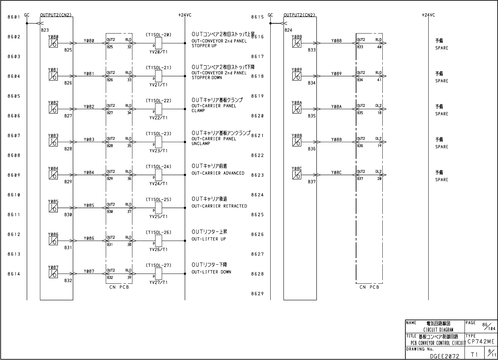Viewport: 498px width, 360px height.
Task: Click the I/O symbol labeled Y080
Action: coord(53,43)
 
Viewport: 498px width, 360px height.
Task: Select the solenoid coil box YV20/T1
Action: coord(158,43)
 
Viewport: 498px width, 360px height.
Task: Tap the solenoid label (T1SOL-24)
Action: coord(158,166)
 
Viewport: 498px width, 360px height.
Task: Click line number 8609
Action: coord(14,175)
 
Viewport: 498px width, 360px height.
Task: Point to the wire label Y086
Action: coord(89,238)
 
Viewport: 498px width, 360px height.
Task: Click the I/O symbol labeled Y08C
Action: coord(297,175)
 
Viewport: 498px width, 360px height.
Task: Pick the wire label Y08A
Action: coord(336,107)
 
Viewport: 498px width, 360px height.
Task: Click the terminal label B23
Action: coord(45,30)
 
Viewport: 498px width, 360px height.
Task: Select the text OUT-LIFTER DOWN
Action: coord(211,272)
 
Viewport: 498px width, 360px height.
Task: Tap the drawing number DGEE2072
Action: coord(444,355)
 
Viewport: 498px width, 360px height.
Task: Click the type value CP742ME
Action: coord(481,342)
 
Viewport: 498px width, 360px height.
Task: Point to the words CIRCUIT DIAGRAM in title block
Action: coord(438,330)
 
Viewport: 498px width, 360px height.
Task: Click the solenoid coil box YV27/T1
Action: coord(158,274)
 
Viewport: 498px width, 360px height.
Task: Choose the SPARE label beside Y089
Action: coord(441,81)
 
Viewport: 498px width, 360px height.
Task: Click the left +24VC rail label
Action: coord(185,15)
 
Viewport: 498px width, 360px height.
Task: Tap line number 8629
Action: coord(257,294)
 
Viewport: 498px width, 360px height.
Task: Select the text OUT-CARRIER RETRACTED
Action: coord(219,206)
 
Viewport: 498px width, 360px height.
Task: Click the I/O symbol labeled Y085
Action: coord(53,208)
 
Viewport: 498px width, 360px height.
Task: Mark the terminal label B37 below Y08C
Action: coord(311,182)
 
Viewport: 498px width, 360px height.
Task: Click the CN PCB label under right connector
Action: coord(369,287)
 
